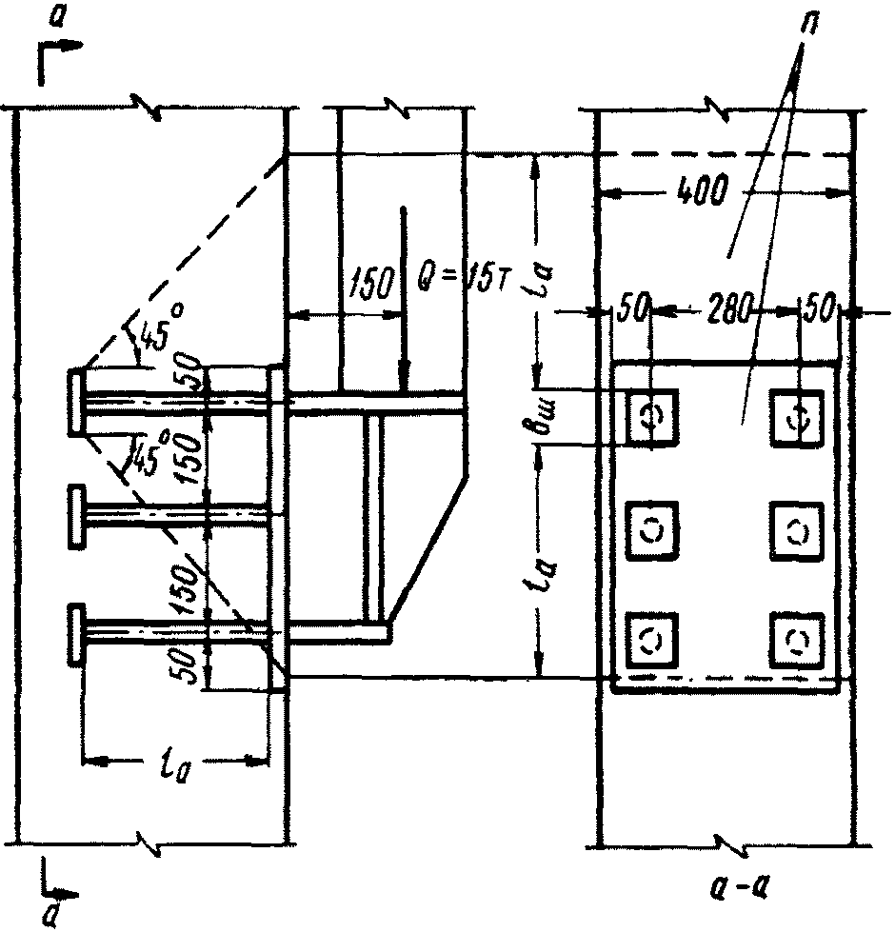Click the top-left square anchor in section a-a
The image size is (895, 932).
tap(649, 417)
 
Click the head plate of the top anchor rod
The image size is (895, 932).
tap(74, 403)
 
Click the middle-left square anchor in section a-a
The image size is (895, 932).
tap(649, 529)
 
